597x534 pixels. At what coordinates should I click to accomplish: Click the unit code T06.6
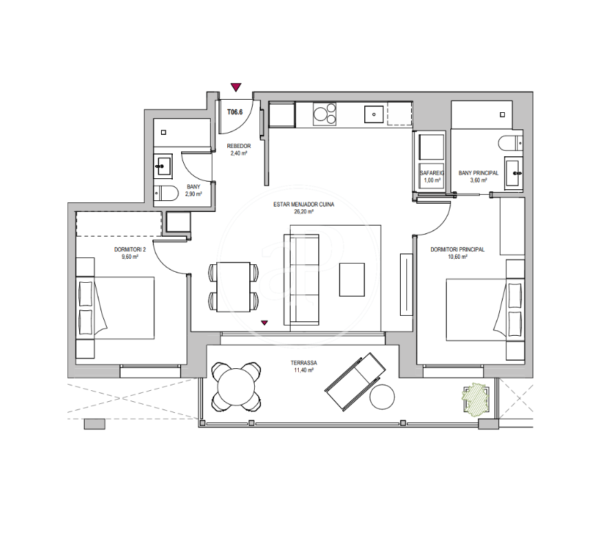coord(235,112)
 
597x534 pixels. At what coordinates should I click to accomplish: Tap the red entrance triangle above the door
coord(236,87)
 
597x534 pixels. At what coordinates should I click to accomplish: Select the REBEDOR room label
coord(239,146)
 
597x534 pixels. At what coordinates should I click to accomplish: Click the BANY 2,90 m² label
coord(193,191)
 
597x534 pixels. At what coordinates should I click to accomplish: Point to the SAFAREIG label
coord(432,173)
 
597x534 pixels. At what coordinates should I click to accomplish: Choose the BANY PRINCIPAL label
coord(478,173)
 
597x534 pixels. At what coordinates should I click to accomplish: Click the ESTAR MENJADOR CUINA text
coord(304,204)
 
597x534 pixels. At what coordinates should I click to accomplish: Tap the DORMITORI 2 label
coord(130,250)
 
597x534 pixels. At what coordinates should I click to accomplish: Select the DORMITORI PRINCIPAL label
coord(457,250)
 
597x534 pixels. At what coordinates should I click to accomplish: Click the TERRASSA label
coord(304,363)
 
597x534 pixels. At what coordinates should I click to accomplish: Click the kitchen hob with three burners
coord(325,114)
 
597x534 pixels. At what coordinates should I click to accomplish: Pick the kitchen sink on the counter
coord(374,114)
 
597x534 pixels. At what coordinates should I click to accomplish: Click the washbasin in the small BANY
coord(163,166)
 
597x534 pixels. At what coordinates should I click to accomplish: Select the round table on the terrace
coord(236,387)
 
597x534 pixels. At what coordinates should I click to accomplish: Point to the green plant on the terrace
coord(475,398)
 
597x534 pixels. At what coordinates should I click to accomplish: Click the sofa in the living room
coord(302,280)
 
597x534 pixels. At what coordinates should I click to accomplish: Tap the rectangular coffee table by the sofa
coord(352,280)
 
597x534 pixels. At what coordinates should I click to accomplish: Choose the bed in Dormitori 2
coord(116,308)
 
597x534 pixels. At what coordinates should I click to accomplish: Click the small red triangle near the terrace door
coord(264,323)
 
